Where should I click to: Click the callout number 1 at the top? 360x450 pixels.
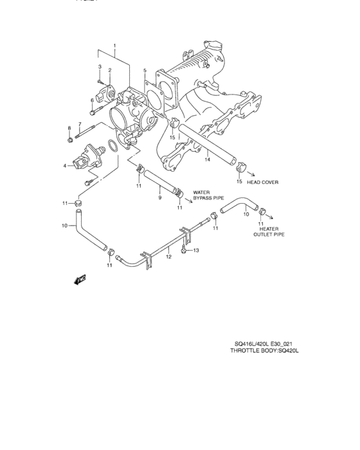114,46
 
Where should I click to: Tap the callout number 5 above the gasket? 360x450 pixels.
145,70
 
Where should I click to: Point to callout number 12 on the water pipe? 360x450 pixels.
168,256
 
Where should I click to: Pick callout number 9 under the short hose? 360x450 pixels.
159,198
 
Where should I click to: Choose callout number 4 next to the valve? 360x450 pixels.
64,166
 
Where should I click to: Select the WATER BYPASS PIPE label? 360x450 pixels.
207,195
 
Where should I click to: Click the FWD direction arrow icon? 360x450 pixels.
81,280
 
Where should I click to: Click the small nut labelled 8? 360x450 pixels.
69,138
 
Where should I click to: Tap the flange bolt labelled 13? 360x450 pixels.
185,251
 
